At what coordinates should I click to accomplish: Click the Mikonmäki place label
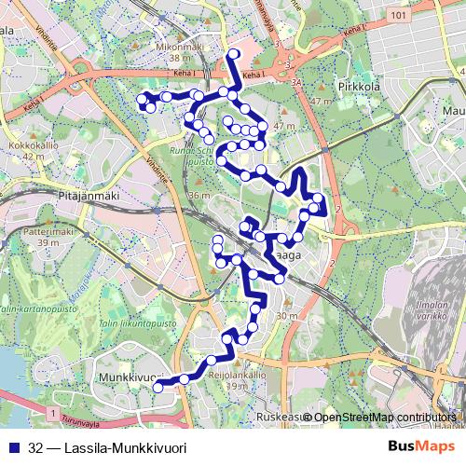click(x=180, y=45)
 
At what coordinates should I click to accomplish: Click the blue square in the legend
click(x=13, y=448)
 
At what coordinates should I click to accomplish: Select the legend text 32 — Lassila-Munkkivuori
click(x=107, y=448)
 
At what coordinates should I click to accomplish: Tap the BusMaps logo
click(x=420, y=447)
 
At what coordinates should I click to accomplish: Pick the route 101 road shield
click(x=399, y=17)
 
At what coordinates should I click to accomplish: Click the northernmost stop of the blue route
click(x=233, y=54)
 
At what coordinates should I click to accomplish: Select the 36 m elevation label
click(x=198, y=196)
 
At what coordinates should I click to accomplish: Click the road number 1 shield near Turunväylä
click(x=55, y=411)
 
